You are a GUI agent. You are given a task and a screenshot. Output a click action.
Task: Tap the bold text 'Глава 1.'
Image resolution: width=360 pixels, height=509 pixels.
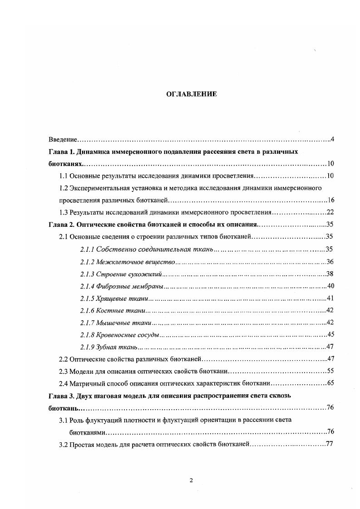coord(62,151)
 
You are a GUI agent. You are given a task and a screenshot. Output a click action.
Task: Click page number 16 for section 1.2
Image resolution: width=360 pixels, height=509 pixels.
coord(330,200)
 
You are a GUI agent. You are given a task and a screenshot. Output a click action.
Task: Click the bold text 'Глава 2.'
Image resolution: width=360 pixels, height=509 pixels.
coord(62,224)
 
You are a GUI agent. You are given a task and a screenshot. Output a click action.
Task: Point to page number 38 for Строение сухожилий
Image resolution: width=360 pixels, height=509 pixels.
coord(330,274)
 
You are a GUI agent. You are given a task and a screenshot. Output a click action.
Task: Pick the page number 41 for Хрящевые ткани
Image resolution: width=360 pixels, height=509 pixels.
coord(330,298)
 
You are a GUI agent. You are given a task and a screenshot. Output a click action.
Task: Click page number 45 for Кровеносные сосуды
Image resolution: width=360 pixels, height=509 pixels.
coord(330,335)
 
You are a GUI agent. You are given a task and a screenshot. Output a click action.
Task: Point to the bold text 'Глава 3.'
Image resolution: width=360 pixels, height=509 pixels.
coord(62,396)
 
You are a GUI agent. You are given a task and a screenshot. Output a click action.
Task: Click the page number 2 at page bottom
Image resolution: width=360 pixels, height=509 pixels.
coord(191,480)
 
